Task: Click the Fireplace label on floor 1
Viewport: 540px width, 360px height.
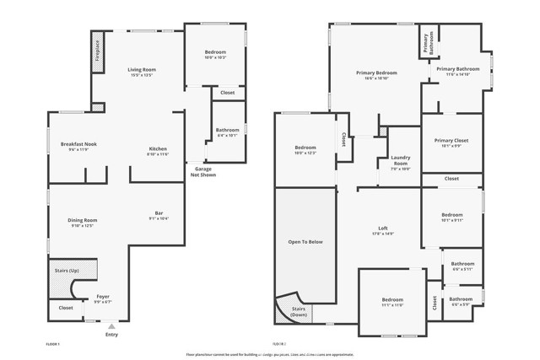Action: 98,50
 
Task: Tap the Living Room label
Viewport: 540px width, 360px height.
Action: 142,69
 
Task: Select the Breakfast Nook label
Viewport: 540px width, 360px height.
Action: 78,144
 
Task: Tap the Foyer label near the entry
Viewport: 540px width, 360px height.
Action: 103,296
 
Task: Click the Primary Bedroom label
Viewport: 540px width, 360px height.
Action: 376,73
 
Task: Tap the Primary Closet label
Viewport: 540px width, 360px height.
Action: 451,140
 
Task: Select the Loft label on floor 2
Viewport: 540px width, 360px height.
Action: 383,228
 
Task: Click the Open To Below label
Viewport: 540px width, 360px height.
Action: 305,241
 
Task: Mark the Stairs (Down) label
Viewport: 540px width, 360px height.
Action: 300,311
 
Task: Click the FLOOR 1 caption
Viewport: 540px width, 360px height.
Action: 52,344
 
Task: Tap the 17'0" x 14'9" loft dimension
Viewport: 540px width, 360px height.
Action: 383,234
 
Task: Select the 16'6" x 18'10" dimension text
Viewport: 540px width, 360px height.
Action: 376,78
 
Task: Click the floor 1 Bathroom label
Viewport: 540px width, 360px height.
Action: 228,130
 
